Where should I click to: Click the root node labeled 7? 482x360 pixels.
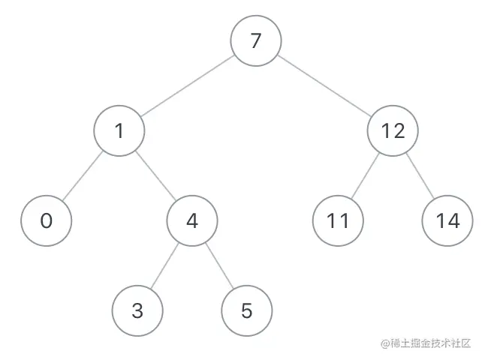point(255,40)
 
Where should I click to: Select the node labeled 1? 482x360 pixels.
point(119,131)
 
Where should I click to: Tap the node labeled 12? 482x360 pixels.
point(393,131)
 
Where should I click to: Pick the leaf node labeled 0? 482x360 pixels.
point(46,221)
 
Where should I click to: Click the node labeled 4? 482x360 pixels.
point(191,221)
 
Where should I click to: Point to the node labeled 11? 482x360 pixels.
point(338,221)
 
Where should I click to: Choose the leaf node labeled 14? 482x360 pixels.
point(447,221)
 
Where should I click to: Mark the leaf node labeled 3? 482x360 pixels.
point(137,310)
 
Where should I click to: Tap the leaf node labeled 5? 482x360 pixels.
point(247,310)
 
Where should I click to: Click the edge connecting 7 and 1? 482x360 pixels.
point(187,86)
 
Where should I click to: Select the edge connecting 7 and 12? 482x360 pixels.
point(324,85)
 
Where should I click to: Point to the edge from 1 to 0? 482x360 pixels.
point(83,176)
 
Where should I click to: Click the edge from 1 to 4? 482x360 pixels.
point(155,176)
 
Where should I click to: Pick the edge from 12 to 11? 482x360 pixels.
point(366,176)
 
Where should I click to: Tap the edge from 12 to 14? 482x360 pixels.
point(420,176)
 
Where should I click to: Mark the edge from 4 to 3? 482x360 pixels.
point(164,265)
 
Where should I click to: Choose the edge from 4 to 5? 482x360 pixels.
point(219,265)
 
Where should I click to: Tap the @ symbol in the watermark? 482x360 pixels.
point(384,343)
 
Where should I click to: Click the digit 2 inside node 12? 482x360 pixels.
point(399,131)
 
